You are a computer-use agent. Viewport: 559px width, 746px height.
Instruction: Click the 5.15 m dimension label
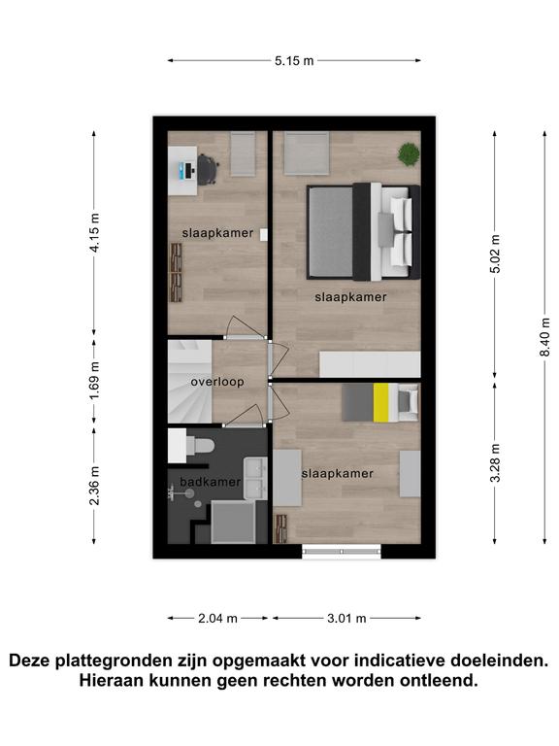(x=294, y=61)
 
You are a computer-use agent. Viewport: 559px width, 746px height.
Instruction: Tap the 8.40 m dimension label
(x=545, y=337)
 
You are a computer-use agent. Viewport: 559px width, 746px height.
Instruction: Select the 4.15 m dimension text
(x=94, y=233)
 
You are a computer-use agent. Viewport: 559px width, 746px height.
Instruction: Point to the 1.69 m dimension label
(x=94, y=381)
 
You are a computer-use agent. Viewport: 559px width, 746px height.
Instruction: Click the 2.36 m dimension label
(x=94, y=486)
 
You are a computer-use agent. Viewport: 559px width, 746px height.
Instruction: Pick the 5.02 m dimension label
(x=495, y=254)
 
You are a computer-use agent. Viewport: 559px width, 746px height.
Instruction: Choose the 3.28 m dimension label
(x=495, y=463)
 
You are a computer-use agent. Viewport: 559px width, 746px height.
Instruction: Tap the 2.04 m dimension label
(x=217, y=619)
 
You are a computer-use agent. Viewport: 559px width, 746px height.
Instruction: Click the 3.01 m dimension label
(x=346, y=619)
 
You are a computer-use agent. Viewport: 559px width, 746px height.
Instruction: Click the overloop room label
(x=217, y=382)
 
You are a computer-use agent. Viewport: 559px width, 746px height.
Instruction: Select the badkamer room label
(x=210, y=482)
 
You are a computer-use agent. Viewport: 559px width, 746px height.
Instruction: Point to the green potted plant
(x=409, y=154)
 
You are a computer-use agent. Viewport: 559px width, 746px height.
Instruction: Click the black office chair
(x=208, y=170)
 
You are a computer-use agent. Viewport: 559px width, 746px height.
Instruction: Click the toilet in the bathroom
(x=200, y=446)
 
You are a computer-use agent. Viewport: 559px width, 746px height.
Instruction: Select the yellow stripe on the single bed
(x=380, y=402)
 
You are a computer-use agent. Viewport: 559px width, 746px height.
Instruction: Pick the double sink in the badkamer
(x=255, y=478)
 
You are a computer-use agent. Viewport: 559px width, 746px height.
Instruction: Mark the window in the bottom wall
(x=342, y=552)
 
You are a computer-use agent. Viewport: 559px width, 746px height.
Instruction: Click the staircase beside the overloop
(x=189, y=381)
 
